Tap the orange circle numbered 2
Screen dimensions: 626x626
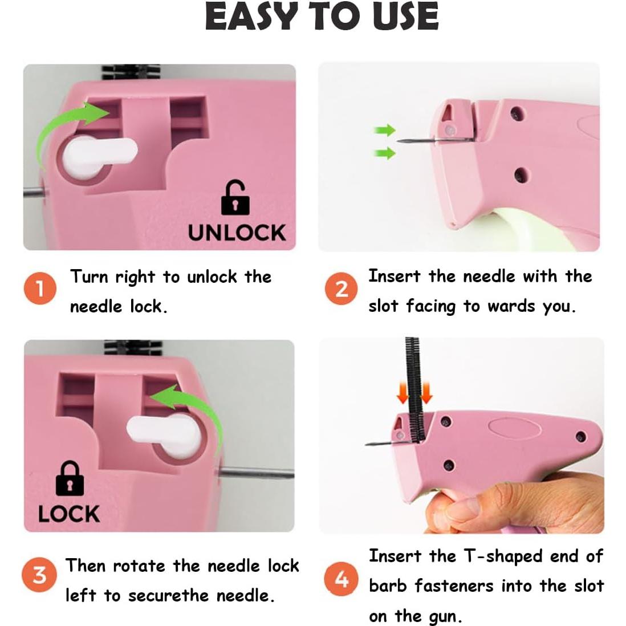click(341, 288)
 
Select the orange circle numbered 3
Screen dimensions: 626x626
click(39, 574)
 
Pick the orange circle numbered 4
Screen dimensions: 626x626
click(341, 579)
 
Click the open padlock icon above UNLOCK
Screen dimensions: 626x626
click(235, 198)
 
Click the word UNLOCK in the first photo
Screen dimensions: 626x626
click(237, 233)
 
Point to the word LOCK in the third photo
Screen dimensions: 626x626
click(69, 514)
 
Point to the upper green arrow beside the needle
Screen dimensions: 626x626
click(385, 131)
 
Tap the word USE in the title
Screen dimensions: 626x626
click(405, 17)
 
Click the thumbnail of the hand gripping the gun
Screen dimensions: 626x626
click(462, 436)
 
